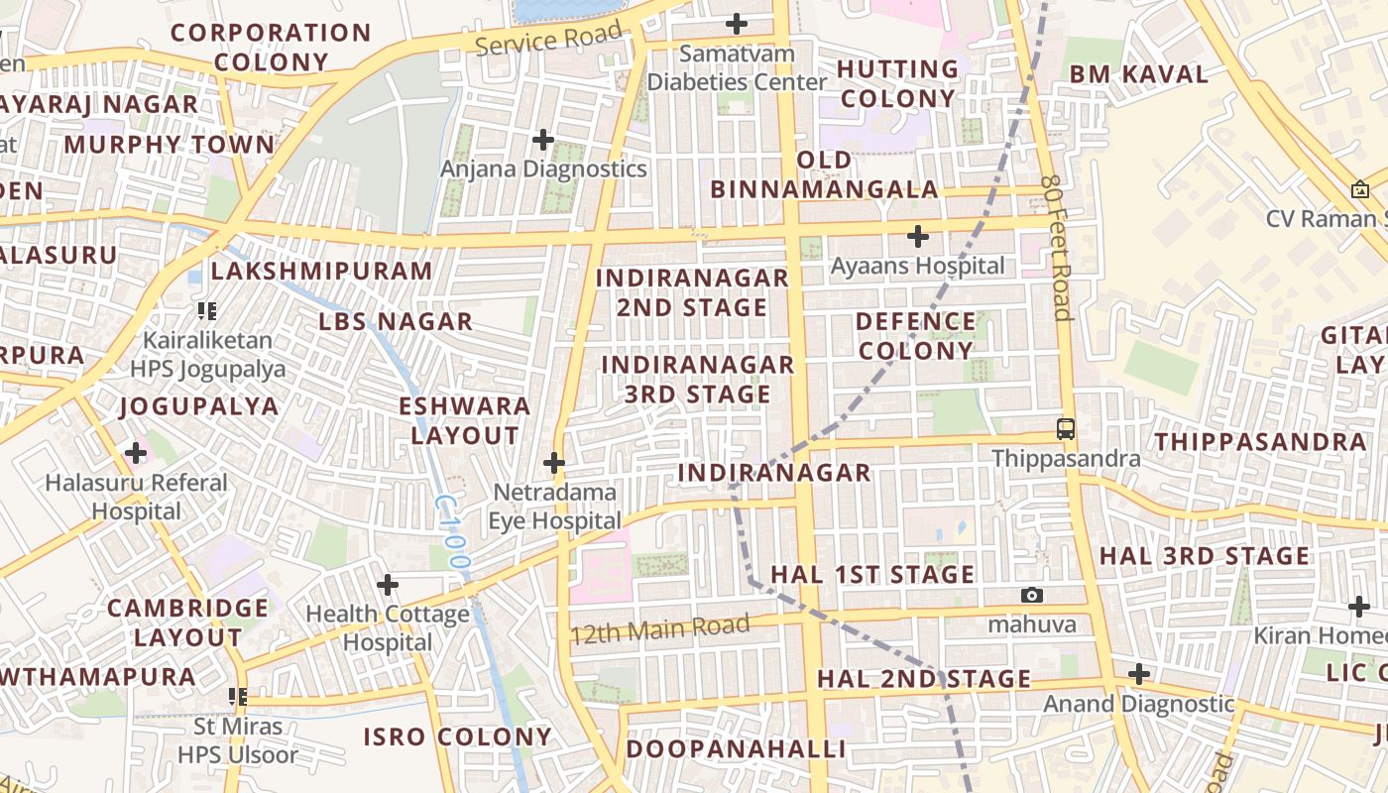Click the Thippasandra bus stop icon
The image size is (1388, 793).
(x=1066, y=429)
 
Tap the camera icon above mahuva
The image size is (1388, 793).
(x=1032, y=595)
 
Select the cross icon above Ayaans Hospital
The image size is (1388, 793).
(x=918, y=237)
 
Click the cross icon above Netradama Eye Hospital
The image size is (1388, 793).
(x=554, y=463)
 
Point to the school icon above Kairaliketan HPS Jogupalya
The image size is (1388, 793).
(x=207, y=311)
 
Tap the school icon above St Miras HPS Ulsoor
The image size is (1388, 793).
(x=238, y=697)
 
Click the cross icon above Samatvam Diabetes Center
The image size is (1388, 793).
(x=737, y=23)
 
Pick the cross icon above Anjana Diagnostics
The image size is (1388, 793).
(x=543, y=139)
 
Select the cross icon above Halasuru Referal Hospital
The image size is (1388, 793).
(x=136, y=454)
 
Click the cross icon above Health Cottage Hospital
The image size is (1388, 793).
(x=388, y=585)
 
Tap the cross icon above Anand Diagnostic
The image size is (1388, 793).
(x=1139, y=675)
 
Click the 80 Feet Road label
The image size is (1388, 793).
(x=1058, y=249)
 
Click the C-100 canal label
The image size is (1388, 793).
(x=452, y=532)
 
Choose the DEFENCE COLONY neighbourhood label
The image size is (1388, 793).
(x=915, y=336)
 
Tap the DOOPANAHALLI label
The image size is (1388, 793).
(x=735, y=748)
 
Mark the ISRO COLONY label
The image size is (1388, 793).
(x=457, y=736)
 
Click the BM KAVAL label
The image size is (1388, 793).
(x=1138, y=74)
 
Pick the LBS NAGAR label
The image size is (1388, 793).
(x=396, y=321)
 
